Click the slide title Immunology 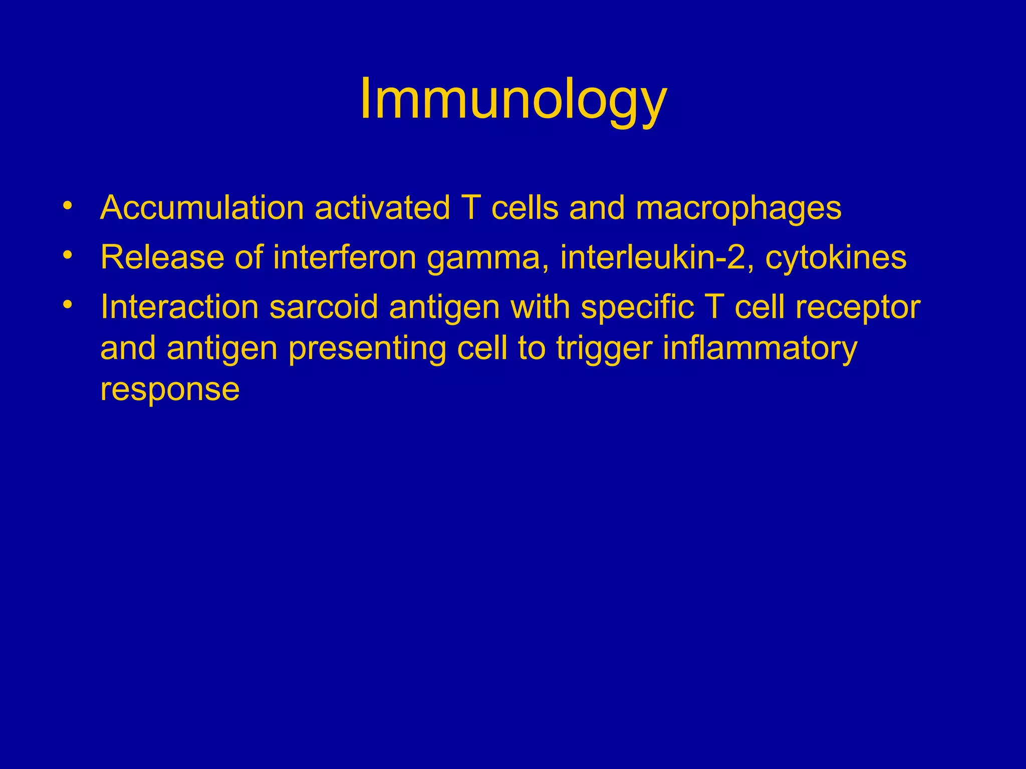(513, 99)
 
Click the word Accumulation (202, 208)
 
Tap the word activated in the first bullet (382, 208)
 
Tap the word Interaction (179, 306)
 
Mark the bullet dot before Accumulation (68, 206)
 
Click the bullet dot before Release (68, 255)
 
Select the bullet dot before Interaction (68, 304)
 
